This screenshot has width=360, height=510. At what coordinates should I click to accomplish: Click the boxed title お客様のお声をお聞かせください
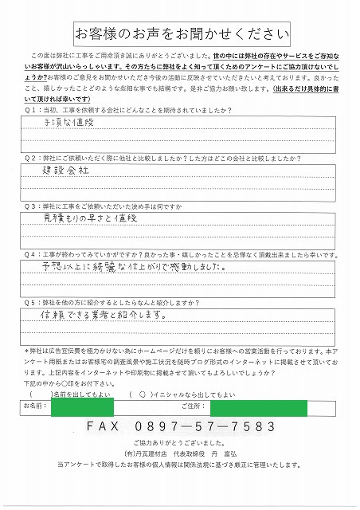point(179,34)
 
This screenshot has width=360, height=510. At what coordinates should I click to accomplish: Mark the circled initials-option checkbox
point(142,393)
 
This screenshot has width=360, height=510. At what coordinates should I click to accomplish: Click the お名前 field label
point(37,407)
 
